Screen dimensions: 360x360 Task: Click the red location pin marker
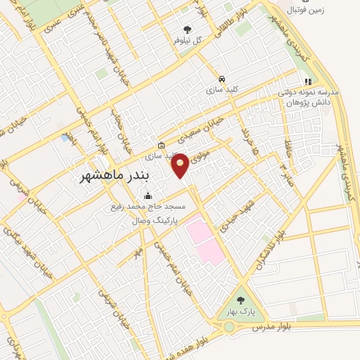pos(181,163)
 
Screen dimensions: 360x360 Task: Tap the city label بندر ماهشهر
pos(108,173)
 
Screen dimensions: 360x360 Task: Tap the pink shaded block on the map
pos(203,239)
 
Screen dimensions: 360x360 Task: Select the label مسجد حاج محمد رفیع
pos(147,207)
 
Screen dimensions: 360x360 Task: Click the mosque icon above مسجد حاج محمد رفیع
pos(147,196)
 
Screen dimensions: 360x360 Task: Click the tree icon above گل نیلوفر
pos(187,29)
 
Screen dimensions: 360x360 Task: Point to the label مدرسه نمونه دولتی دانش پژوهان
pos(309,97)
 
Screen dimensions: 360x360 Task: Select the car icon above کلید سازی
pos(222,79)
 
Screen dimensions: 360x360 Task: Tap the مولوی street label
pos(205,150)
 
